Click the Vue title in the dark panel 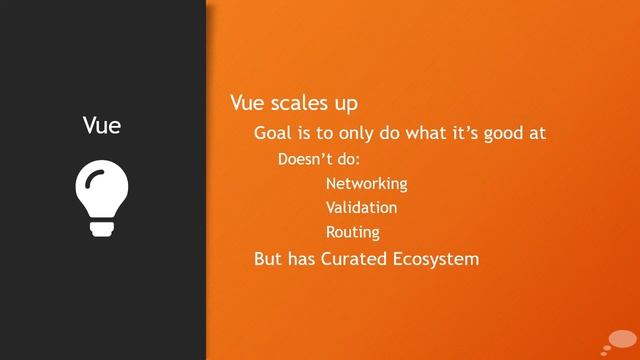[x=102, y=126]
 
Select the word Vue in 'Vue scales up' [x=247, y=103]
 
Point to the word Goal [x=274, y=133]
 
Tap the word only [x=368, y=133]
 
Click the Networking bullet [x=366, y=184]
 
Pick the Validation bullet [x=361, y=208]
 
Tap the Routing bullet [x=353, y=233]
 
